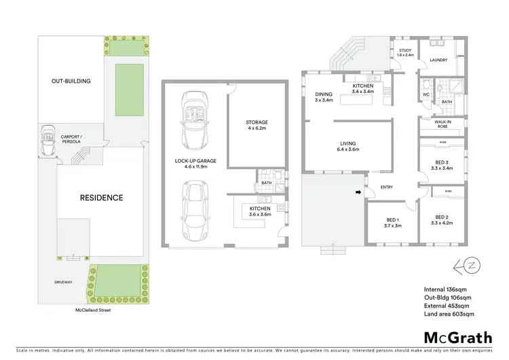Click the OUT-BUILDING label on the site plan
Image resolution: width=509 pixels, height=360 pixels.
(71, 81)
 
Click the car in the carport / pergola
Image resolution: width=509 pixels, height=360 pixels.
(47, 141)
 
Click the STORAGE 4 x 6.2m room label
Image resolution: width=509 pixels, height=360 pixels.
(257, 126)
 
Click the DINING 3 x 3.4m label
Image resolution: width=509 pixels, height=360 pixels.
(324, 96)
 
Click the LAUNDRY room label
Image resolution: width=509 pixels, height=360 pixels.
(440, 60)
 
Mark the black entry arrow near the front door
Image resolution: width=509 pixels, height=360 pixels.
(358, 193)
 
